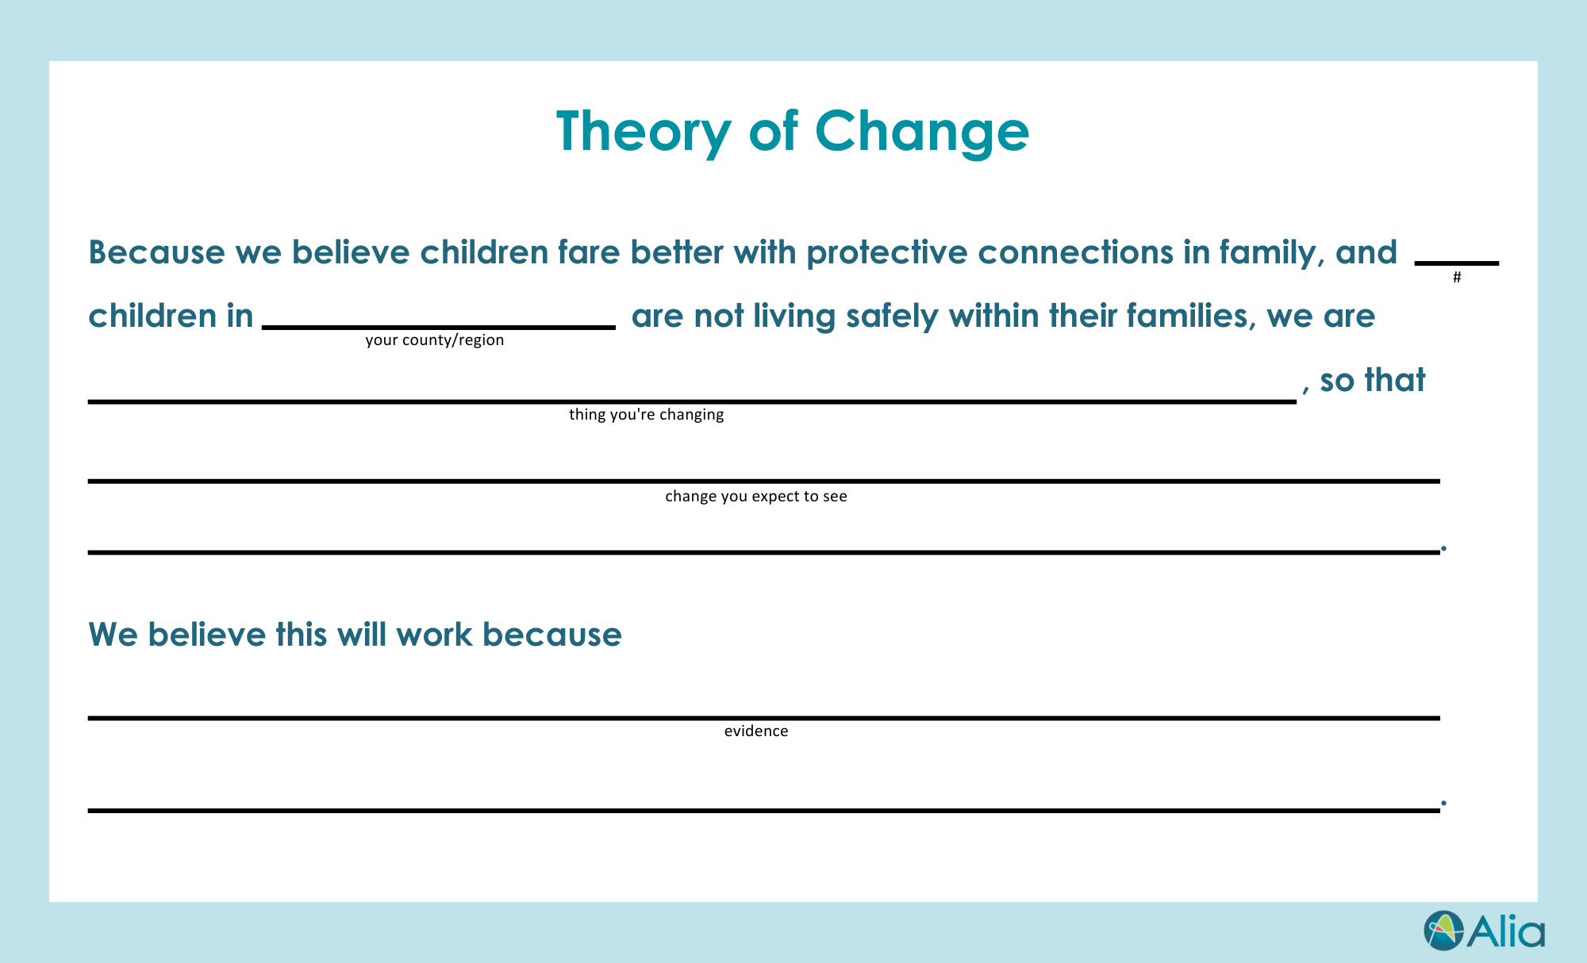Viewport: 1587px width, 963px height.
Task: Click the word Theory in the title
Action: click(x=644, y=132)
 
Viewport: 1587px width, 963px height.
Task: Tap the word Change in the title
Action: click(x=922, y=132)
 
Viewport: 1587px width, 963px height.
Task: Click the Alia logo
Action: click(x=1484, y=930)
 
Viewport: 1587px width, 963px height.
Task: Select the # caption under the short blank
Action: click(x=1457, y=278)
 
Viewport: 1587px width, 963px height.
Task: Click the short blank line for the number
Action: click(x=1457, y=263)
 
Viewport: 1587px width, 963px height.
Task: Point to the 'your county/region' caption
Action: click(x=435, y=340)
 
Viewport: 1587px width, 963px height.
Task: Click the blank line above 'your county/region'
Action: click(x=439, y=327)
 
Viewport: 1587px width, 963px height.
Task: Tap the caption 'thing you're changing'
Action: click(x=647, y=415)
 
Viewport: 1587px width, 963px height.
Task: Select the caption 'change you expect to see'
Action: click(x=756, y=497)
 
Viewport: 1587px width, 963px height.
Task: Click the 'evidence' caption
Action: click(x=756, y=731)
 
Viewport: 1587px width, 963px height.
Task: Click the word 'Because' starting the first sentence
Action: click(x=157, y=252)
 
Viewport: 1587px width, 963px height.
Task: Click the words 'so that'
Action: click(x=1373, y=380)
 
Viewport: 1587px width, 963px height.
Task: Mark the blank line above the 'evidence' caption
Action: click(x=763, y=718)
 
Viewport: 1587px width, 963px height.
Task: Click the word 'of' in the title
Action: click(x=773, y=132)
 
